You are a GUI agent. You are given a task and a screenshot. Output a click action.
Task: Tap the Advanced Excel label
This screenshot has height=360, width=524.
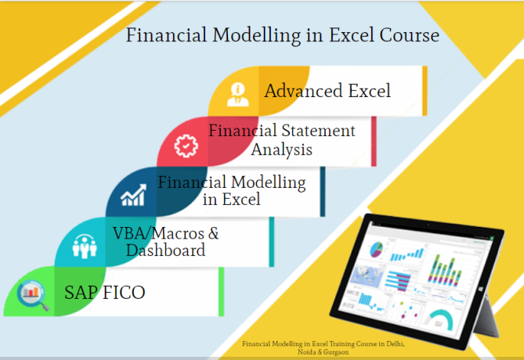pos(327,91)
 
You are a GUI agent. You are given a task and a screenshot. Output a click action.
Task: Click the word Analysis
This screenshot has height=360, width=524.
pos(281,149)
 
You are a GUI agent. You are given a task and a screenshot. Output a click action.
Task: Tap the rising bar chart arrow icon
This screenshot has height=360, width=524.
pos(131,196)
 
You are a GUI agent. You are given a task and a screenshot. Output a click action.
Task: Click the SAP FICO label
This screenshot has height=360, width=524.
pos(105,293)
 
